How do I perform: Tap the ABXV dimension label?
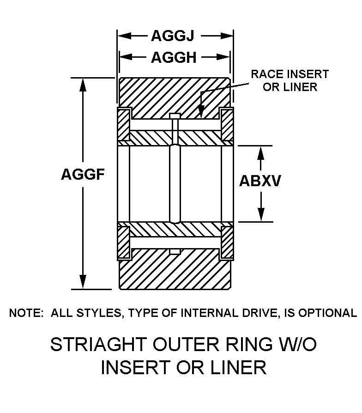260,181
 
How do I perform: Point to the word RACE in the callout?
267,74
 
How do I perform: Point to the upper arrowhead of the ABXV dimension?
261,153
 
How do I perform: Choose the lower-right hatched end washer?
226,242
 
